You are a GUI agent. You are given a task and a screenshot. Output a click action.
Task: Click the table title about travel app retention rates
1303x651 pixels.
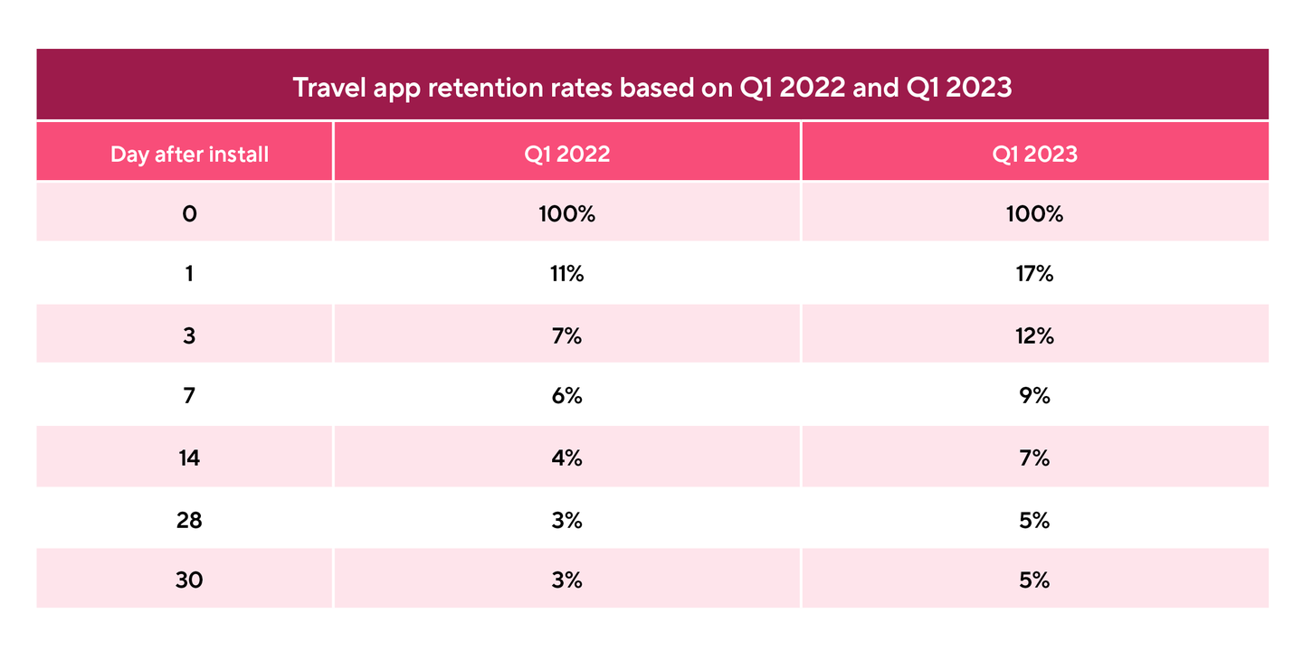(651, 90)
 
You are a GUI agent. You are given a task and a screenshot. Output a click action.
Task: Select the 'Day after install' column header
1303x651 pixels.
(189, 154)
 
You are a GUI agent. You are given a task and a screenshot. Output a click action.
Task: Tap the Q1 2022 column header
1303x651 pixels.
(566, 154)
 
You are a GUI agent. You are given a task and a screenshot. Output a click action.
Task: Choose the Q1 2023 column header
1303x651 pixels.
(1034, 154)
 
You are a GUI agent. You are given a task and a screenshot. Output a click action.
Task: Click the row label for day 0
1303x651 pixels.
(189, 214)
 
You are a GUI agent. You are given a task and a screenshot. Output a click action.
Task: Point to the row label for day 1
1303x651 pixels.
(189, 274)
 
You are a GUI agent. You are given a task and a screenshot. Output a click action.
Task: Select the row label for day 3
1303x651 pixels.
(189, 335)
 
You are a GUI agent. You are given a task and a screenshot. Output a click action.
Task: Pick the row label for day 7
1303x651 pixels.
(189, 396)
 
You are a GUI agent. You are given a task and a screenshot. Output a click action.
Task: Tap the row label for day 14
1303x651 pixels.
(189, 458)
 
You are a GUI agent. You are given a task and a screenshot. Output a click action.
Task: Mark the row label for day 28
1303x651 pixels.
(189, 520)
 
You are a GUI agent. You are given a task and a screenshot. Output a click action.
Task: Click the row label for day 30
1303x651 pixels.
(189, 580)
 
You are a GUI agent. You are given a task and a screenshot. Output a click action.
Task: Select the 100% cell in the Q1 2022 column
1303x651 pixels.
(566, 214)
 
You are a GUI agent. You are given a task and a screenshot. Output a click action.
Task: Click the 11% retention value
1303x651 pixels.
(566, 274)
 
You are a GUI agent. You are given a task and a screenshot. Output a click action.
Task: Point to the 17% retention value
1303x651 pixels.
(1034, 274)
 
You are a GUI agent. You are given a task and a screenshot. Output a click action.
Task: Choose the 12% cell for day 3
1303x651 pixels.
(1034, 335)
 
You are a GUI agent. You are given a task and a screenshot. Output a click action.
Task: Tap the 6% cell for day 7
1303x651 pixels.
(566, 396)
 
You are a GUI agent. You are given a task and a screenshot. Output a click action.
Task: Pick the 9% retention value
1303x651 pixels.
(1034, 396)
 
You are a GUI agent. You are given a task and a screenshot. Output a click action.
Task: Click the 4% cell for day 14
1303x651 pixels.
(566, 458)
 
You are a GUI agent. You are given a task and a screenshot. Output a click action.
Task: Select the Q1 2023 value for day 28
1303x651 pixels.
(1034, 520)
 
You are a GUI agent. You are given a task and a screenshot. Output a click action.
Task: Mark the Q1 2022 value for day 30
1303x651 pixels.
(566, 580)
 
